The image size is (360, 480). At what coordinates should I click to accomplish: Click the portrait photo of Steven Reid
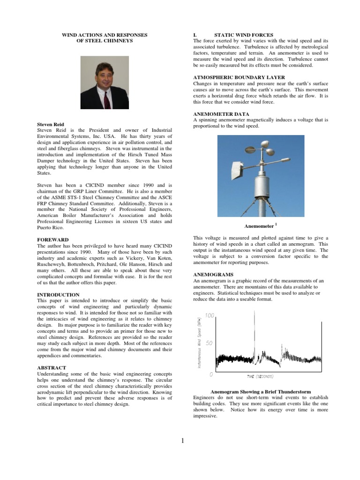pyautogui.click(x=105, y=83)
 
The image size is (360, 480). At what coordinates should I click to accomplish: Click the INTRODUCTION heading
pyautogui.click(x=59, y=295)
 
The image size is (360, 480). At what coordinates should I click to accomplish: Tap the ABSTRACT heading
pyautogui.click(x=51, y=367)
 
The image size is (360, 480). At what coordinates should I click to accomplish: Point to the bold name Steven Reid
pyautogui.click(x=51, y=125)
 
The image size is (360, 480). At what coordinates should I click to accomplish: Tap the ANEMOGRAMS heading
pyautogui.click(x=213, y=274)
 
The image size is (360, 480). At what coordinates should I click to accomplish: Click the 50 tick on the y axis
pyautogui.click(x=210, y=344)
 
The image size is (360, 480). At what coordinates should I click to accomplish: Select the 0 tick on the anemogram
pyautogui.click(x=211, y=374)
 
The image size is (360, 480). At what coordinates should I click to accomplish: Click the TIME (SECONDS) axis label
pyautogui.click(x=260, y=376)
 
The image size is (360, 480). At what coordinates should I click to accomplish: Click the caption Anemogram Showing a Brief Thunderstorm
pyautogui.click(x=261, y=391)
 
